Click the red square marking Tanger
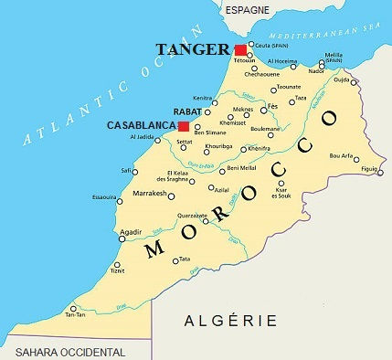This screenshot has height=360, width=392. pos(240,49)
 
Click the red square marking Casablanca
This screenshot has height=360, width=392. pos(183,126)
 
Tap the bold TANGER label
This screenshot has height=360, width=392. pos(194,48)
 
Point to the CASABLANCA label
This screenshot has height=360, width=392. pos(141,125)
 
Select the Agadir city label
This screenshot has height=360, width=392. pos(131,232)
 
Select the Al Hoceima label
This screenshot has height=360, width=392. pos(281,62)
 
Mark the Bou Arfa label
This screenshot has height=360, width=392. pos(341,156)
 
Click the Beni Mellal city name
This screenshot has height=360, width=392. pos(240,168)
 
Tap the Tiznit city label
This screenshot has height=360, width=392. pos(117,270)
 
